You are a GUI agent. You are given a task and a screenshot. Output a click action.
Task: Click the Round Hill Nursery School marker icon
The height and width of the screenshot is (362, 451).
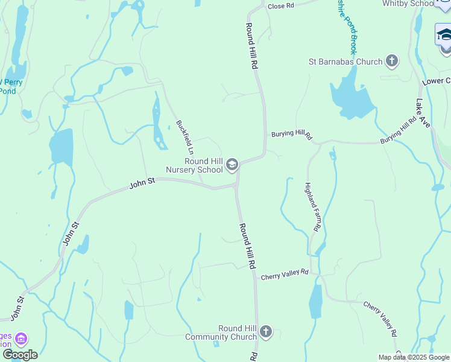pos(232,165)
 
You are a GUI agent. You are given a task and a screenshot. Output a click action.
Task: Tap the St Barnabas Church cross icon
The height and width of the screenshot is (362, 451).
pos(392,61)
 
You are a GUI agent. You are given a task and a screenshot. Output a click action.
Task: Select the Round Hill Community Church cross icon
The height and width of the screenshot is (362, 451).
pos(266,332)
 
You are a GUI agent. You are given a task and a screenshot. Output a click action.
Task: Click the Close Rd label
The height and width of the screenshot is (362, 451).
pos(280,5)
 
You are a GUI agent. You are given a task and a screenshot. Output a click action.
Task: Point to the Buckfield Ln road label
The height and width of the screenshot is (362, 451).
pos(184,136)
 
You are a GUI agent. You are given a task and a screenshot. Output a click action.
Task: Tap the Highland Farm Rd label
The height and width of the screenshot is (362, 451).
pos(311,207)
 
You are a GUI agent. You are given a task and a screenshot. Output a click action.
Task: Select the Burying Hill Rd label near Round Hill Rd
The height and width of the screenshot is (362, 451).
pos(291,134)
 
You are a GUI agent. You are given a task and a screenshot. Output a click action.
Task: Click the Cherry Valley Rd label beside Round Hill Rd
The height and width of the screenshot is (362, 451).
pos(284,274)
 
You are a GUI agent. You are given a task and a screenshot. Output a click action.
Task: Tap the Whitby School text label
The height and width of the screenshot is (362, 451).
pos(408,4)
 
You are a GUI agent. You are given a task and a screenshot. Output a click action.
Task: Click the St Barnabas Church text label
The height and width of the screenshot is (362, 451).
pos(345,62)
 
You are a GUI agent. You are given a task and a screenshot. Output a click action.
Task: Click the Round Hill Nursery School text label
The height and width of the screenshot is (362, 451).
pos(195,165)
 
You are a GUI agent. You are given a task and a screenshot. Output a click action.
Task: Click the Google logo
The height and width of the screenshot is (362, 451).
pos(20,355)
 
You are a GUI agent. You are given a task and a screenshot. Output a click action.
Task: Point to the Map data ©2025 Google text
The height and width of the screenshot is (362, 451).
pos(414,357)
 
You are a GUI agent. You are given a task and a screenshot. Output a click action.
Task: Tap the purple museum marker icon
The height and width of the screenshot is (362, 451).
pos(21,340)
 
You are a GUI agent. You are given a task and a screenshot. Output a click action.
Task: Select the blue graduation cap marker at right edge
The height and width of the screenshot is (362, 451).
pos(444,35)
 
